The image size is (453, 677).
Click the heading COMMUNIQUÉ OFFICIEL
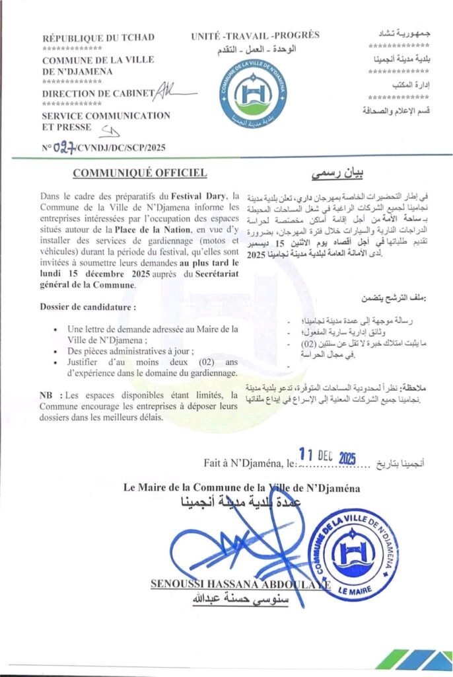(x=140, y=173)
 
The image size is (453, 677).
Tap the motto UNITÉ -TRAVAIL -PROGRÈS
(x=255, y=35)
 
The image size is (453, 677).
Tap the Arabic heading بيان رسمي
(x=337, y=175)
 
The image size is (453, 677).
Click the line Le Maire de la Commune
(x=242, y=489)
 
